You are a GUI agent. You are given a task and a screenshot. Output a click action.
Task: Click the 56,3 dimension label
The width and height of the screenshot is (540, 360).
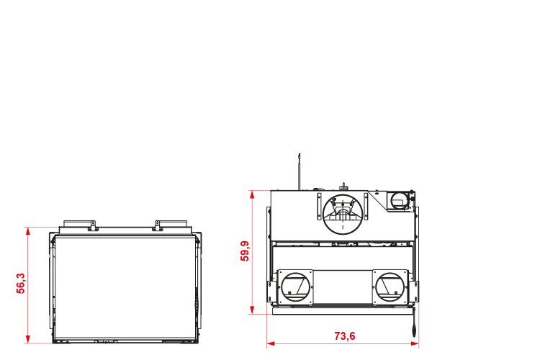coord(21,284)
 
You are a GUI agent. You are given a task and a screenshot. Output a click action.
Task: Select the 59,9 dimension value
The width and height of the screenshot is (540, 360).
coord(245,251)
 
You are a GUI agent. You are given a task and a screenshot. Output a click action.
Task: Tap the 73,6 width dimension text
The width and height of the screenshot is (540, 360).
coord(345,336)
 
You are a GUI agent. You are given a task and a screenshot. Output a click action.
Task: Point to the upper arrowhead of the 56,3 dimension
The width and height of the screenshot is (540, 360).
coord(28,231)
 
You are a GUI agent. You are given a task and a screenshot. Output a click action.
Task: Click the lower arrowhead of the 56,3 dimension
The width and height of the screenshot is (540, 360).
coord(28,339)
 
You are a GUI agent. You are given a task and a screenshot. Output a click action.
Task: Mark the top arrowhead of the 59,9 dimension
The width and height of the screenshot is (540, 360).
coord(252,194)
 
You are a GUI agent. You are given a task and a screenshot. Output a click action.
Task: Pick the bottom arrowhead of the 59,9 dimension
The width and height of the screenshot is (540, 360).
coord(252,310)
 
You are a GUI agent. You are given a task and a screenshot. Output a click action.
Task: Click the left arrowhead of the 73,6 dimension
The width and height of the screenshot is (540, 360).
coord(271,343)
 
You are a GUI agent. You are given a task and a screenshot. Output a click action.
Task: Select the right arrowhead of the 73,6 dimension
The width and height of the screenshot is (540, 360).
coord(415,343)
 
